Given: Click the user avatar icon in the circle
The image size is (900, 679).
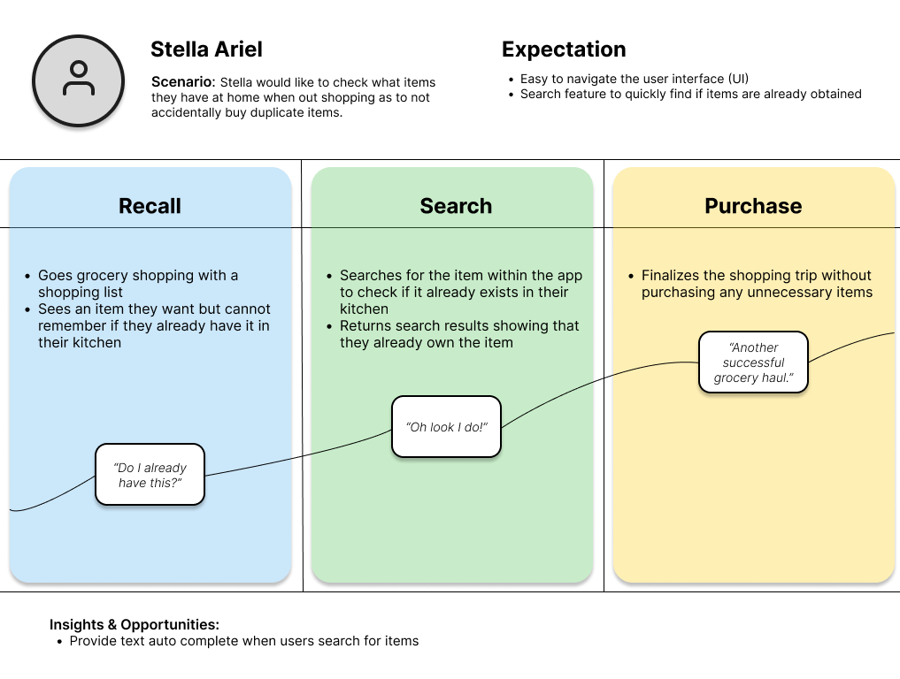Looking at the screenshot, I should (x=78, y=80).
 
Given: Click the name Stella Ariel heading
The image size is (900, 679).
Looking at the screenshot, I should (x=206, y=50).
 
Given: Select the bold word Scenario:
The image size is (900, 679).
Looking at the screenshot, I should (x=183, y=82).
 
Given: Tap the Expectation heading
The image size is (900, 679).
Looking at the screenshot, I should (x=564, y=50).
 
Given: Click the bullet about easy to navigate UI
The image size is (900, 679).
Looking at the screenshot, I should (x=635, y=79).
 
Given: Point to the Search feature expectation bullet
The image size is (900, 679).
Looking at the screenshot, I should (x=690, y=94).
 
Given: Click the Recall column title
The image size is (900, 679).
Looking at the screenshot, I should (x=150, y=206).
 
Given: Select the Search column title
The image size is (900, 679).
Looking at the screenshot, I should (x=455, y=206).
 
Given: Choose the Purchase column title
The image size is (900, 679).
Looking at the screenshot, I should (x=753, y=206).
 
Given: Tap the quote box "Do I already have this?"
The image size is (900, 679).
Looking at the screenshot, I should (x=150, y=475).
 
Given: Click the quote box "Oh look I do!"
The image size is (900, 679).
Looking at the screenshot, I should (x=446, y=427).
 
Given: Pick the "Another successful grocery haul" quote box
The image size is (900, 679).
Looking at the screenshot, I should (x=753, y=362).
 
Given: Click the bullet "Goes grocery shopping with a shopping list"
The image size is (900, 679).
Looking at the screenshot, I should (x=137, y=284).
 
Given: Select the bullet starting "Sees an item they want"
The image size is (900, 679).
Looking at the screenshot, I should (x=153, y=325).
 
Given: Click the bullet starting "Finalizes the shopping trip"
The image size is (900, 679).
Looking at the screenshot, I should (x=756, y=284).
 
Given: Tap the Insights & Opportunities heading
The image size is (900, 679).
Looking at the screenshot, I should (x=135, y=624).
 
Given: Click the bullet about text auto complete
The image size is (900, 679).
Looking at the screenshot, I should (x=243, y=641).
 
